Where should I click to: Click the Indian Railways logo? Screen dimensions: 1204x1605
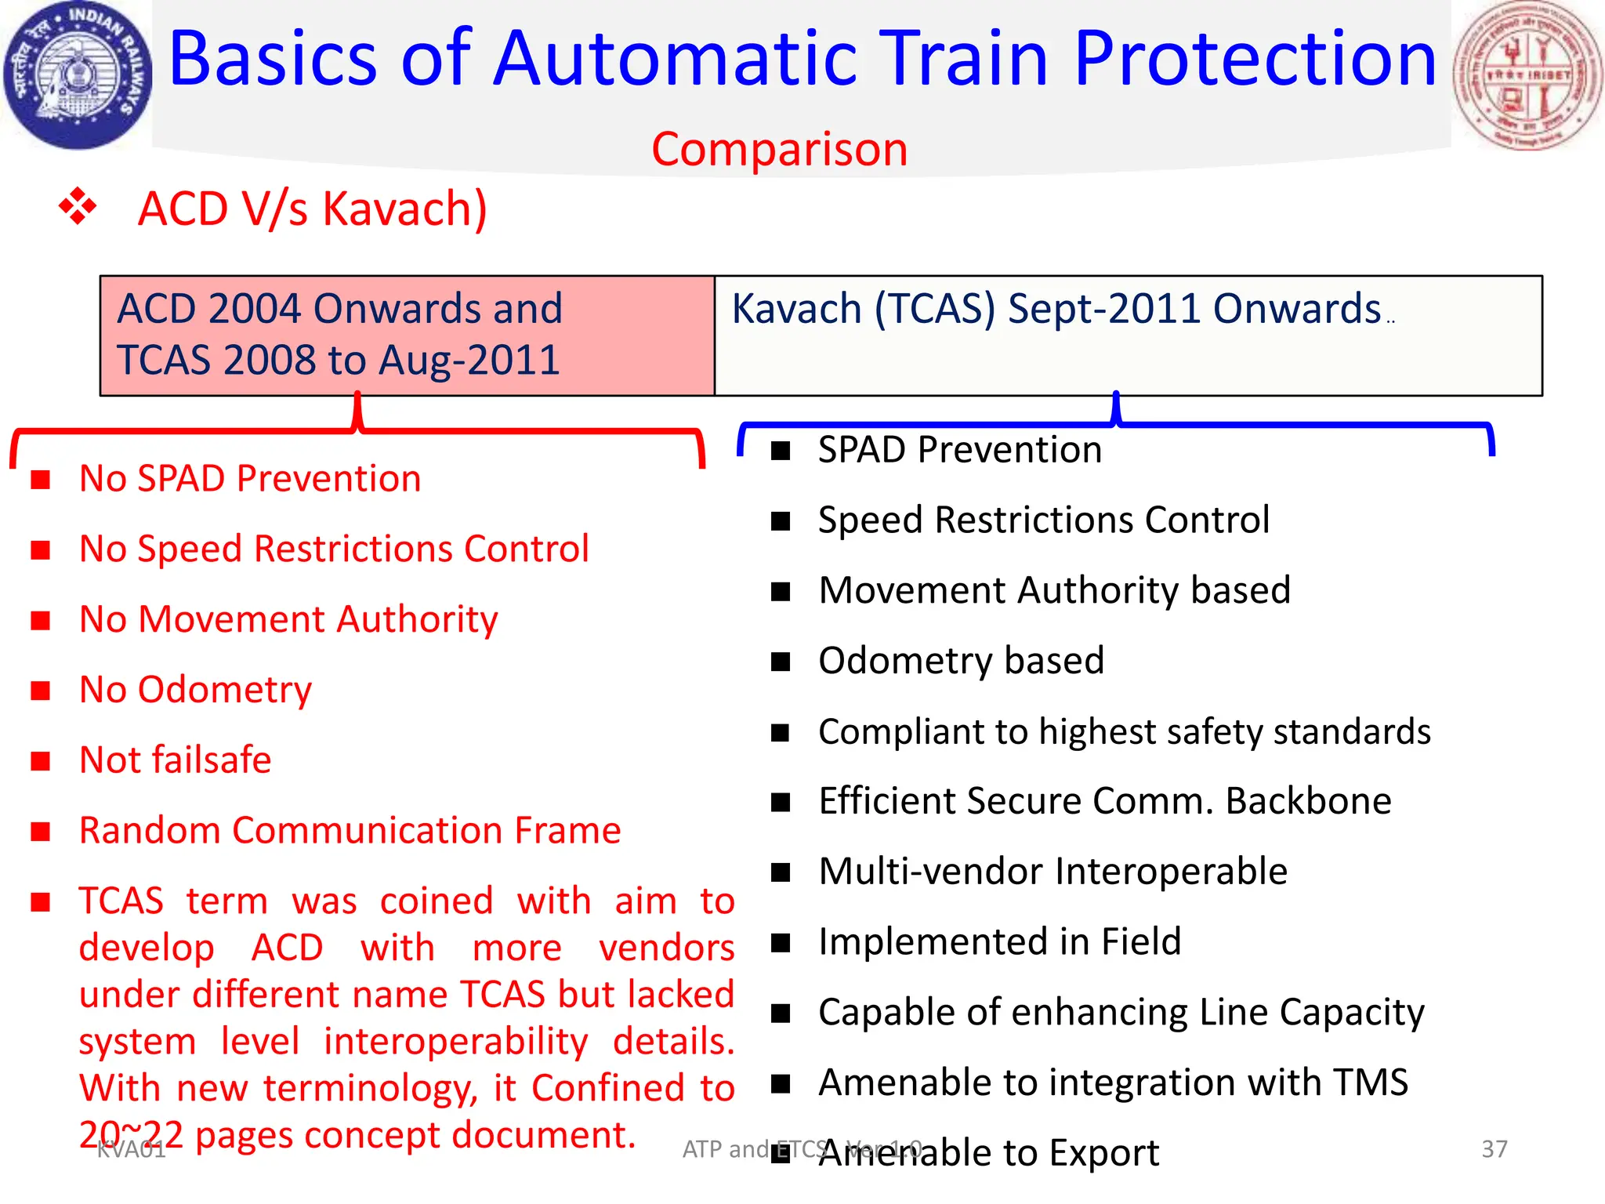tap(77, 74)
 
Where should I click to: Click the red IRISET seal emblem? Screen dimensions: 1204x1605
tap(1527, 75)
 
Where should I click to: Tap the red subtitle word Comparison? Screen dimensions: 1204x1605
tap(779, 149)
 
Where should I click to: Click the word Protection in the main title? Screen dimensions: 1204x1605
tap(1255, 60)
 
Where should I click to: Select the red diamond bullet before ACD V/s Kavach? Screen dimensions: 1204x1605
tap(78, 207)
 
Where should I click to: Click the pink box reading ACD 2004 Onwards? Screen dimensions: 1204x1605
tap(407, 335)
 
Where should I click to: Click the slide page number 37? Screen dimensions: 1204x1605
tap(1494, 1148)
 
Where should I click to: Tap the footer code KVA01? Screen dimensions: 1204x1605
tap(131, 1150)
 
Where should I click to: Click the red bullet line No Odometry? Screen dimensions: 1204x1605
tap(195, 690)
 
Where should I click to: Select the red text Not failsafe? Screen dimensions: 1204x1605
tap(176, 760)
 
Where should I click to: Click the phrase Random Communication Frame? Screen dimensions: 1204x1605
tap(350, 830)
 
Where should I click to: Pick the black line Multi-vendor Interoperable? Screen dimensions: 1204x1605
tap(1052, 872)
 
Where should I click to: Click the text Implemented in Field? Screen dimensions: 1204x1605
tap(999, 941)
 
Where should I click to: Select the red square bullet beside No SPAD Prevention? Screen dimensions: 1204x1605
tap(41, 480)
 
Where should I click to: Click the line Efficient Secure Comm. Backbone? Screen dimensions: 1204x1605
tap(1104, 801)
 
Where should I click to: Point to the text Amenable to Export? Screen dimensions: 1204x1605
tap(988, 1153)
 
